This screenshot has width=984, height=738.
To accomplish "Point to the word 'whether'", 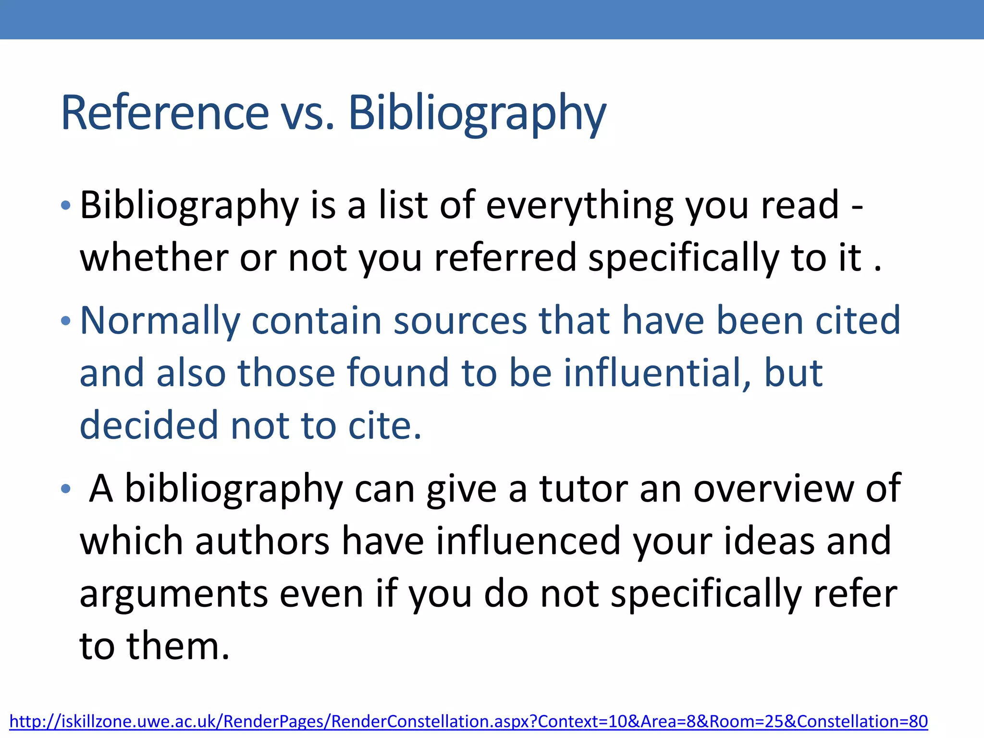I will coord(154,258).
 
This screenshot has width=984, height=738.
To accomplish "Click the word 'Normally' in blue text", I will coord(160,321).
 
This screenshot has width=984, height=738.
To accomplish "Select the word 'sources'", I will coord(460,321).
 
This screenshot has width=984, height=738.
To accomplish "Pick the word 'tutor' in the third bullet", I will coord(582,489).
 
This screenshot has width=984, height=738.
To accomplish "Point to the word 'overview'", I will coord(773,489).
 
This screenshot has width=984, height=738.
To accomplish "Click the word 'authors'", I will coord(262,541).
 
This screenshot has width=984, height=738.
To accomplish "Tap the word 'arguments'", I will coord(173,594).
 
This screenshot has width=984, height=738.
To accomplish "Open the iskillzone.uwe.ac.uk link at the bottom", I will coord(468,721).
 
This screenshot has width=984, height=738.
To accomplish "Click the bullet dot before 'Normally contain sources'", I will coord(66,321).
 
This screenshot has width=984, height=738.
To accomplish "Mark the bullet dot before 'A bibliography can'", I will coord(66,490).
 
